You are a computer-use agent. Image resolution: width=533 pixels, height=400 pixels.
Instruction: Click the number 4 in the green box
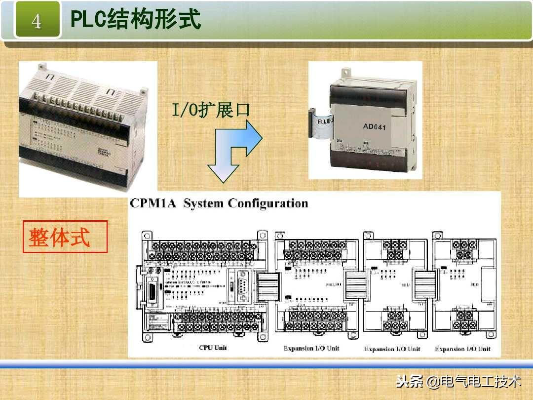pyautogui.click(x=37, y=21)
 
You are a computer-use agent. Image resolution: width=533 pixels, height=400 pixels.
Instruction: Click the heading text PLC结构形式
pyautogui.click(x=136, y=20)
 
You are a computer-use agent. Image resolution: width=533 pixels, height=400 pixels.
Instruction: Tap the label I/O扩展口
pyautogui.click(x=211, y=110)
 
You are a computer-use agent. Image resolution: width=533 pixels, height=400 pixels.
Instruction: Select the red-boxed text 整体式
pyautogui.click(x=60, y=238)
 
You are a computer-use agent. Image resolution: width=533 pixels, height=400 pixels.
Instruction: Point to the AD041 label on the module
pyautogui.click(x=374, y=127)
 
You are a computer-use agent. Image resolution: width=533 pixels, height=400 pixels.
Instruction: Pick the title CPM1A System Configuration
pyautogui.click(x=219, y=203)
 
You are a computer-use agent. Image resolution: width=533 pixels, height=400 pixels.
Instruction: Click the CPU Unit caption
pyautogui.click(x=213, y=348)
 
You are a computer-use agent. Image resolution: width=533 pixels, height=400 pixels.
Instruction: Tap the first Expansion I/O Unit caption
pyautogui.click(x=311, y=348)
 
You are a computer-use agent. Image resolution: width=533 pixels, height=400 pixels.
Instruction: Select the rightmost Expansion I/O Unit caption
pyautogui.click(x=462, y=349)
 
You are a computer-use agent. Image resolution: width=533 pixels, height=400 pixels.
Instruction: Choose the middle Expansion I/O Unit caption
pyautogui.click(x=392, y=349)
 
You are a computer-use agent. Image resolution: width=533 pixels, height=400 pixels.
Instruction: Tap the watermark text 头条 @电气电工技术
pyautogui.click(x=458, y=381)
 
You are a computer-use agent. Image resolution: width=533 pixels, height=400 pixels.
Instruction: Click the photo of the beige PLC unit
pyautogui.click(x=87, y=129)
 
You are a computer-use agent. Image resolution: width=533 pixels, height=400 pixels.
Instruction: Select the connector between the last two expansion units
pyautogui.click(x=423, y=285)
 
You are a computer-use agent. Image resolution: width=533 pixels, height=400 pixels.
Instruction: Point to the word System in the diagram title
pyautogui.click(x=203, y=203)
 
